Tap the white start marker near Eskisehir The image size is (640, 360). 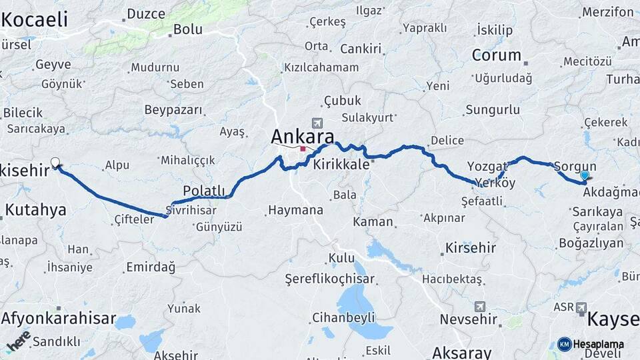tap(55, 162)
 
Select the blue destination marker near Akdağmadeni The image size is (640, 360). tap(585, 176)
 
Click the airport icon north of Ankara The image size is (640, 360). tap(316, 123)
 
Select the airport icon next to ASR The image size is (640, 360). tap(581, 308)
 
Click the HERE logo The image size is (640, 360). tap(19, 340)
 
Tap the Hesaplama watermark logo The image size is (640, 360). tap(591, 344)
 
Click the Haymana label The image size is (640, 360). tap(295, 211)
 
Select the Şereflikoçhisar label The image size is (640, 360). tap(329, 279)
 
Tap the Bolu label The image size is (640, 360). tap(187, 29)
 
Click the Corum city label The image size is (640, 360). tap(496, 55)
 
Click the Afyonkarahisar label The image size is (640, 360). tap(59, 318)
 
